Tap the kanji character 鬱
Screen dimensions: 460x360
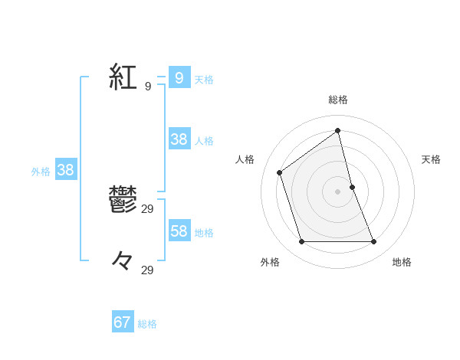pos(123,201)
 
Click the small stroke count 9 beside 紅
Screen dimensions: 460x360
pos(147,87)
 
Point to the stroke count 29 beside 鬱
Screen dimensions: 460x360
pos(148,208)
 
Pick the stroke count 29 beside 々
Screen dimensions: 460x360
pos(148,270)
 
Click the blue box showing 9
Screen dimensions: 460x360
pos(179,77)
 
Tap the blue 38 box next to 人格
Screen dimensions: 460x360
pos(179,139)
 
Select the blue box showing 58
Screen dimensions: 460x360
pos(179,231)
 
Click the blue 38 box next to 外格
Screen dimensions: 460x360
pos(66,170)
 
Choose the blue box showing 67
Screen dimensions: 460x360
pos(123,322)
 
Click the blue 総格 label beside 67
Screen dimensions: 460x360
pos(147,324)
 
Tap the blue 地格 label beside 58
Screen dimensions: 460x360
pos(204,233)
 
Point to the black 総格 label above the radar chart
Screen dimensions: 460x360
pos(338,100)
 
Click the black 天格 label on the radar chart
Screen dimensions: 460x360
pos(431,159)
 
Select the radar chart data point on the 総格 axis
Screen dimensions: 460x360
pos(338,130)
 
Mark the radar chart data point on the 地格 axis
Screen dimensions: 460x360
pos(374,241)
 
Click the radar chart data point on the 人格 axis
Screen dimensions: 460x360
pos(280,172)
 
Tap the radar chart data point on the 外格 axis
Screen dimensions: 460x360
pos(302,241)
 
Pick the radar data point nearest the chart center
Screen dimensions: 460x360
pos(352,187)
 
